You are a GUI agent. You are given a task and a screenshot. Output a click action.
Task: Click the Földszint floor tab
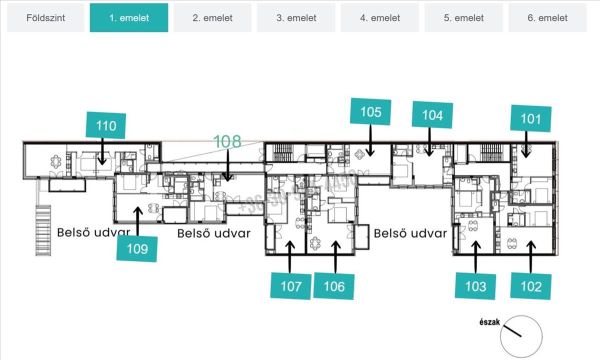tap(45, 18)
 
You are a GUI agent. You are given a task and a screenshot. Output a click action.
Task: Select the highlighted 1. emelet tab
tap(129, 18)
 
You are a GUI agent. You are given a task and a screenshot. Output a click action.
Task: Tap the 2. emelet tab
tap(212, 18)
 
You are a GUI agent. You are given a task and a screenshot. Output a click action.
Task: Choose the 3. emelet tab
tap(296, 18)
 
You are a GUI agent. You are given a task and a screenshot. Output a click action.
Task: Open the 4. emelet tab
tap(380, 18)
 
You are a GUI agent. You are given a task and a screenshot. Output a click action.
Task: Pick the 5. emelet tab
tap(463, 18)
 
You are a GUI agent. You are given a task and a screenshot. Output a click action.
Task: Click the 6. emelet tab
tap(547, 18)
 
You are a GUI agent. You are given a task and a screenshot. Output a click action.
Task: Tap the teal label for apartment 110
tap(105, 126)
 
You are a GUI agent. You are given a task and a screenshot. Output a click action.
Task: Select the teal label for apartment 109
tap(137, 248)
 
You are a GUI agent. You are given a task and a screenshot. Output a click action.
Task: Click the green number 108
tap(227, 141)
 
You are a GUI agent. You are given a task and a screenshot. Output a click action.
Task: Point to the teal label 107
tap(291, 286)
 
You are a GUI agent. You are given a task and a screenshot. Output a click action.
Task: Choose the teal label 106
tap(334, 286)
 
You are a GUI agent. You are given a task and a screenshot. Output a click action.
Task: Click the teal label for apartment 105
tap(370, 112)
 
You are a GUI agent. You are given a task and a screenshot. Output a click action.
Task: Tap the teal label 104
tap(432, 115)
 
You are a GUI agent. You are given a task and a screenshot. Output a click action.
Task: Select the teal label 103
tap(475, 286)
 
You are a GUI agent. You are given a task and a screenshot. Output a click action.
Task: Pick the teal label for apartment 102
tap(530, 286)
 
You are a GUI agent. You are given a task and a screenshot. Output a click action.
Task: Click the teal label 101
tap(530, 119)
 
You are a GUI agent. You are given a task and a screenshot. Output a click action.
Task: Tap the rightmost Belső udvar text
tap(410, 233)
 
